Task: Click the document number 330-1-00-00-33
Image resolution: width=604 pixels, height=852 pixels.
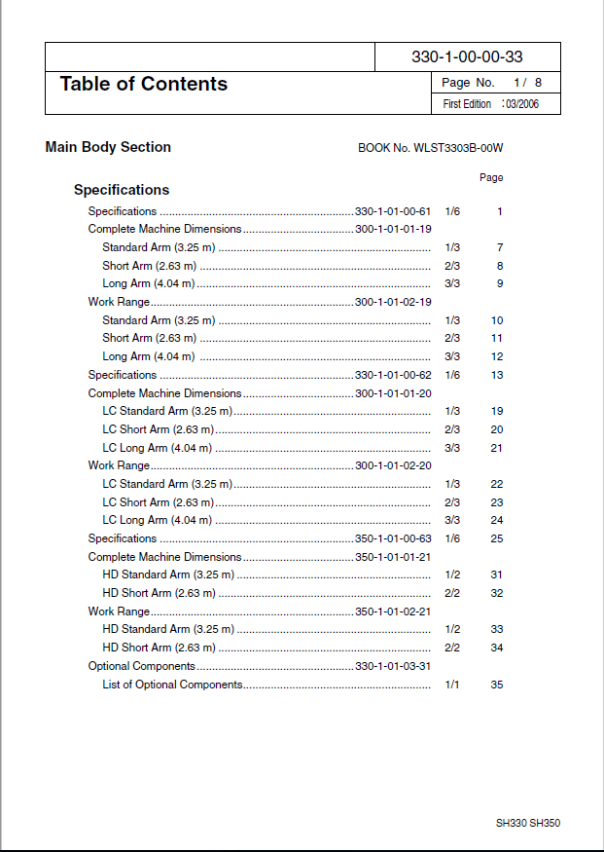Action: (x=467, y=57)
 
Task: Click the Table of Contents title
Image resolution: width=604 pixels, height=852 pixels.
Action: (x=144, y=84)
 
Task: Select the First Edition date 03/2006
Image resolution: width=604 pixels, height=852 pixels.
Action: (x=520, y=104)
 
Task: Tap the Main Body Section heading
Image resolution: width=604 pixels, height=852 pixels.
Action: (x=108, y=147)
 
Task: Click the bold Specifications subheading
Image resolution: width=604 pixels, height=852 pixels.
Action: (x=122, y=190)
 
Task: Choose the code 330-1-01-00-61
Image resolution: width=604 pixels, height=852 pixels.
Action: (x=393, y=211)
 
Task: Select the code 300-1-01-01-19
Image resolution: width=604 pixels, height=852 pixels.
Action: (x=393, y=229)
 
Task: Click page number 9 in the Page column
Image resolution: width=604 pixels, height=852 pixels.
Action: (x=499, y=283)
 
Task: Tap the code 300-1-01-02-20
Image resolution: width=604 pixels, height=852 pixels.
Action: (x=393, y=465)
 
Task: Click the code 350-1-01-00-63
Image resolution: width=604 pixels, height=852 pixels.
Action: (x=393, y=538)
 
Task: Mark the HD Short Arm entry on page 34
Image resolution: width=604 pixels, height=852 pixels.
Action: (x=159, y=648)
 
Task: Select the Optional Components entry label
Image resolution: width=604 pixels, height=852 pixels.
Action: (x=142, y=666)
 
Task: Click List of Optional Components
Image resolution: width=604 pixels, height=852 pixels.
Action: (x=172, y=685)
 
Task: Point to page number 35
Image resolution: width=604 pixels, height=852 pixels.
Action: (x=496, y=685)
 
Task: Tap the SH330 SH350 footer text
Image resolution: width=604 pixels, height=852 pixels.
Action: (x=528, y=823)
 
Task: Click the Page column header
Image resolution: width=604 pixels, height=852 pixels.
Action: (x=491, y=178)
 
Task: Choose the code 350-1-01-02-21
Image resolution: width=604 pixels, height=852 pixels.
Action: (x=393, y=611)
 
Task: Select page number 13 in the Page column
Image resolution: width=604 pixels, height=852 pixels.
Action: (x=496, y=375)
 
